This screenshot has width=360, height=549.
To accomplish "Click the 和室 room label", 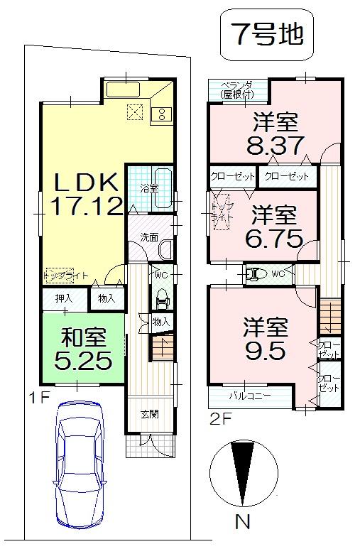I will point(83,336).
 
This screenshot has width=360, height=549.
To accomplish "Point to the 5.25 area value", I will point(84,361).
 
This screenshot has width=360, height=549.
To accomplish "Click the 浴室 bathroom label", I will point(148,189).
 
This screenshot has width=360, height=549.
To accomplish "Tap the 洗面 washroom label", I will point(148,237).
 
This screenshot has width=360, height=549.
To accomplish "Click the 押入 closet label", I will point(64,298).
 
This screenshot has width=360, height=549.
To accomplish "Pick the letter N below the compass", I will point(243,523).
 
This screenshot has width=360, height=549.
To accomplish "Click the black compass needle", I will point(243,471).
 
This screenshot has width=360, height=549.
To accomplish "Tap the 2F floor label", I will point(220,418).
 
